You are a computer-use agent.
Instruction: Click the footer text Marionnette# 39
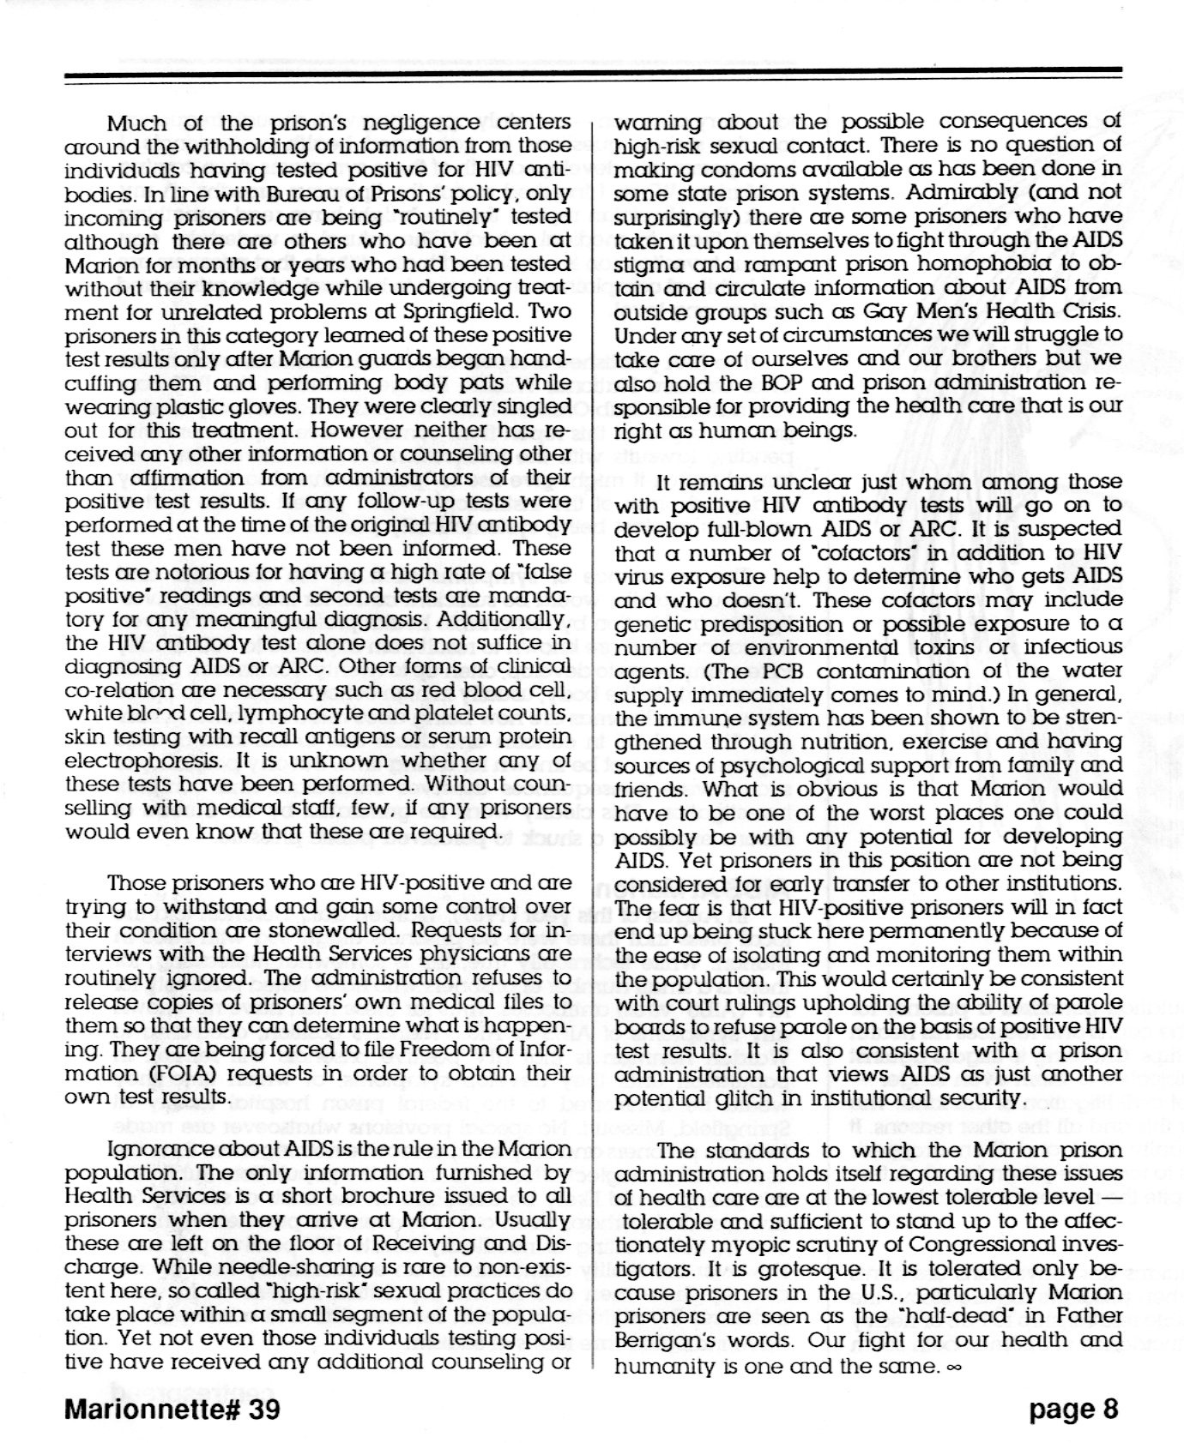tap(172, 1410)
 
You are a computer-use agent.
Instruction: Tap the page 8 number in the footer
tap(1074, 1410)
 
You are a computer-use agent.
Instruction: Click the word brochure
tap(317, 1194)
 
